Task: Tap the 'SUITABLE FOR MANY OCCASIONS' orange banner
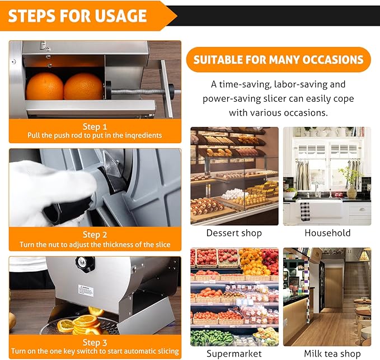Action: (x=278, y=60)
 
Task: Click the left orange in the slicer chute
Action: (x=45, y=86)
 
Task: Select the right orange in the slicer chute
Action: (x=83, y=87)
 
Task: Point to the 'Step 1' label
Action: (x=95, y=127)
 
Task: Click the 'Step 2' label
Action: (x=95, y=235)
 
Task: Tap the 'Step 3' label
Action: (x=95, y=342)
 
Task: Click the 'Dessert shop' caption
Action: (x=234, y=233)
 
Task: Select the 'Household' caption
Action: (x=327, y=233)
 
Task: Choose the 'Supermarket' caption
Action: (x=234, y=353)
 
